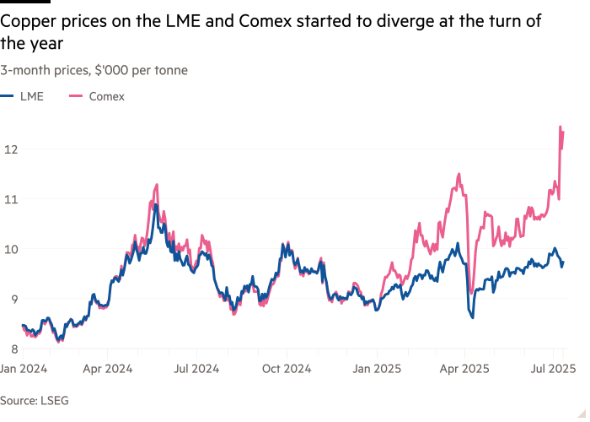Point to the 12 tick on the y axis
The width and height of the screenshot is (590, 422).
click(x=10, y=149)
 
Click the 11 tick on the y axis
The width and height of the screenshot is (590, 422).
click(x=10, y=199)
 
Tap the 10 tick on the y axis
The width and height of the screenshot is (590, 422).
click(x=10, y=249)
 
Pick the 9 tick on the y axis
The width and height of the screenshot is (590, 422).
click(x=10, y=299)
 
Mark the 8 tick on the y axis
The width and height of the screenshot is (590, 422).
click(x=10, y=349)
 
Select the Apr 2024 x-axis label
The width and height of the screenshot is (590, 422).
click(x=107, y=369)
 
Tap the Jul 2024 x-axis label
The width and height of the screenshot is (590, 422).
click(x=196, y=369)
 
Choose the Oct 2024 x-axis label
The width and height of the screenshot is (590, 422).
click(x=285, y=369)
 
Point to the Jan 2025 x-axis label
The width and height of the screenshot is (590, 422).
click(x=375, y=369)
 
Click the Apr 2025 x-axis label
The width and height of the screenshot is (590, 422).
click(x=464, y=369)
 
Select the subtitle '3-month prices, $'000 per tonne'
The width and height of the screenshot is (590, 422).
click(x=94, y=70)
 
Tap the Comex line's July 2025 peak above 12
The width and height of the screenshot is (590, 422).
click(x=560, y=127)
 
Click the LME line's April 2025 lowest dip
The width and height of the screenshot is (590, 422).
click(x=473, y=317)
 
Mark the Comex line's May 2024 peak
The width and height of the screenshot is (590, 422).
click(x=157, y=185)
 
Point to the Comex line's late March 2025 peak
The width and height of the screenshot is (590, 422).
click(x=459, y=175)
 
